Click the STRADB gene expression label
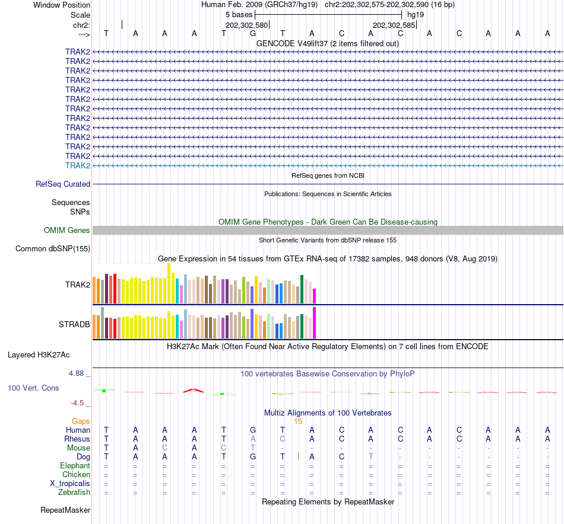point(74,325)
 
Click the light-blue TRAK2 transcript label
point(78,165)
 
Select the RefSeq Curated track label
point(63,184)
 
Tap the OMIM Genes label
point(67,231)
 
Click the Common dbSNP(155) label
point(53,249)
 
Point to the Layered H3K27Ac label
point(39,355)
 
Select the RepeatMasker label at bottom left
point(65,510)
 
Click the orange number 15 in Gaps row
point(298,421)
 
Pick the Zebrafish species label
point(74,492)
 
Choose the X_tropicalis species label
point(70,483)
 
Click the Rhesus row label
point(77,439)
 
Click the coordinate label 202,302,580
point(247,25)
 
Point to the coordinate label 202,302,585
point(394,25)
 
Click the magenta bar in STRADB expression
point(314,323)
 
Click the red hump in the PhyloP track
point(194,390)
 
